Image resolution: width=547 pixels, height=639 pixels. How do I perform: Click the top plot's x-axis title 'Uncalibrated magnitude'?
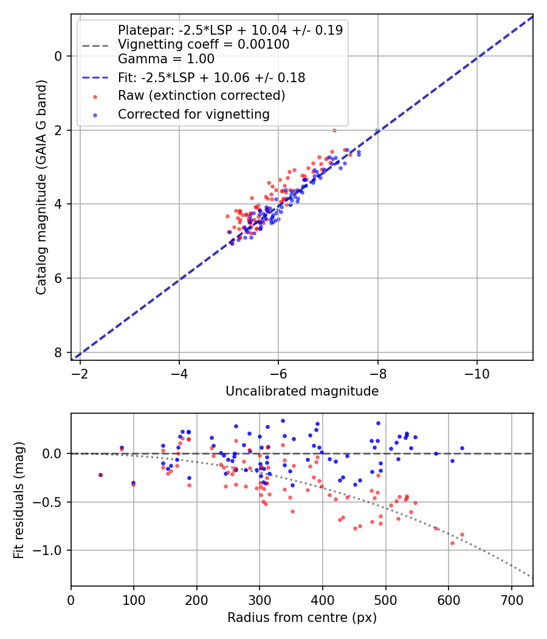tap(302, 391)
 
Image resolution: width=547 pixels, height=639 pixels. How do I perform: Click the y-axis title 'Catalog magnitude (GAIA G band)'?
tap(41, 186)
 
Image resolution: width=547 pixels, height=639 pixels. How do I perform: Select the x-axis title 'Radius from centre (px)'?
tap(302, 618)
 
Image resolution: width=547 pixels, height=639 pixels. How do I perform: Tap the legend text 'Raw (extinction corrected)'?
tap(201, 96)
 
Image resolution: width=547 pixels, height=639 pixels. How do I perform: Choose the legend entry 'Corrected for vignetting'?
tap(194, 114)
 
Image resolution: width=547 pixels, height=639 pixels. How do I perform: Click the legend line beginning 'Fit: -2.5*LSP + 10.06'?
tap(212, 78)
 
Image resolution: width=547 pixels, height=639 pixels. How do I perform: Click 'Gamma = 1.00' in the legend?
tap(166, 60)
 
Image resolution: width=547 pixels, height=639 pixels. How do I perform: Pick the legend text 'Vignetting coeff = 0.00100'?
tap(204, 44)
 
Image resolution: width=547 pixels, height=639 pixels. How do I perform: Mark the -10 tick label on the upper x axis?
tap(477, 372)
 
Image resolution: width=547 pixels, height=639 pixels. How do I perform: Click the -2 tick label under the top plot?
tap(80, 372)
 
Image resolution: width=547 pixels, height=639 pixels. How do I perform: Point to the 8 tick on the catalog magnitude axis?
tap(58, 352)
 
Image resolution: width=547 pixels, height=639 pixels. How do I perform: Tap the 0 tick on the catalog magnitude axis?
tap(58, 56)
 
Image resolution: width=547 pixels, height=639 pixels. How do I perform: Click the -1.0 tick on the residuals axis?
tap(50, 550)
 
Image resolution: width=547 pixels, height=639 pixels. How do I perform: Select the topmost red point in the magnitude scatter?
tap(334, 130)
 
